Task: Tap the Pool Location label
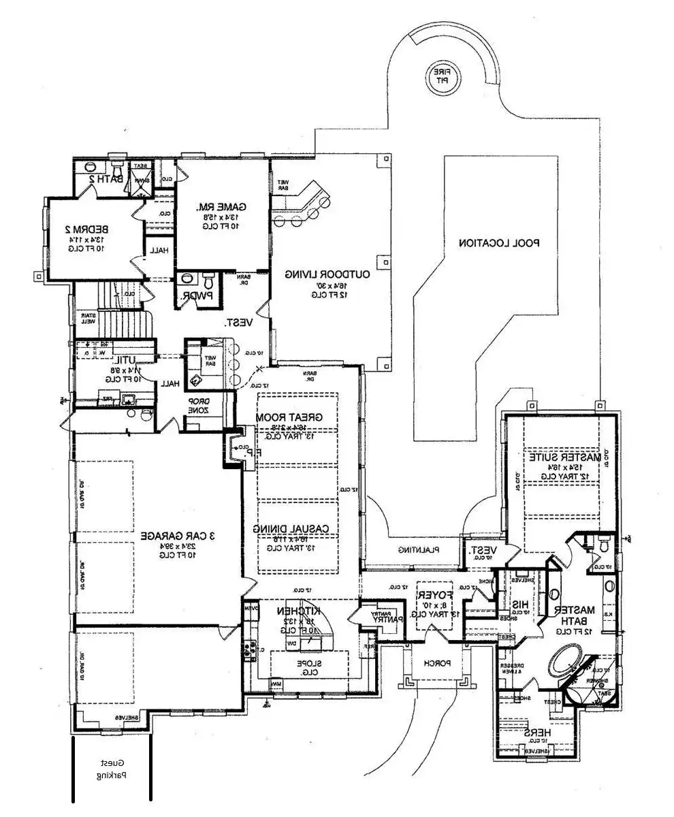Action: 498,242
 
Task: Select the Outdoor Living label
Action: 327,274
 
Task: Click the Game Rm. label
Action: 222,207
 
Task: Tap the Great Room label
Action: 288,417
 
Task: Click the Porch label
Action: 435,662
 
